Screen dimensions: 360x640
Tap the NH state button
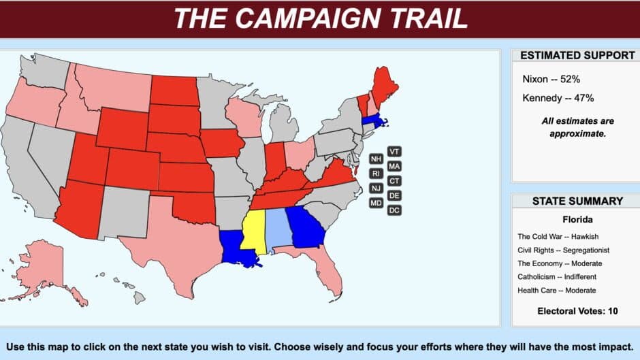click(x=376, y=159)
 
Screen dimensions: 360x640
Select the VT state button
click(x=394, y=151)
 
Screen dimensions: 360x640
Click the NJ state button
click(x=376, y=188)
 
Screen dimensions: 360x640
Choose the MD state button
click(x=376, y=203)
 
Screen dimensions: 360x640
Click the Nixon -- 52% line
click(x=551, y=79)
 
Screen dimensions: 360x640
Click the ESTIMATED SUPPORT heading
click(x=577, y=56)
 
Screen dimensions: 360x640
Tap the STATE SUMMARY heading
click(x=577, y=201)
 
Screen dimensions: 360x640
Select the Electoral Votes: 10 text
click(x=576, y=312)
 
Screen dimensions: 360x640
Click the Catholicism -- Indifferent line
click(x=557, y=277)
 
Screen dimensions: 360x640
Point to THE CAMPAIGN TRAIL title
click(x=320, y=18)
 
